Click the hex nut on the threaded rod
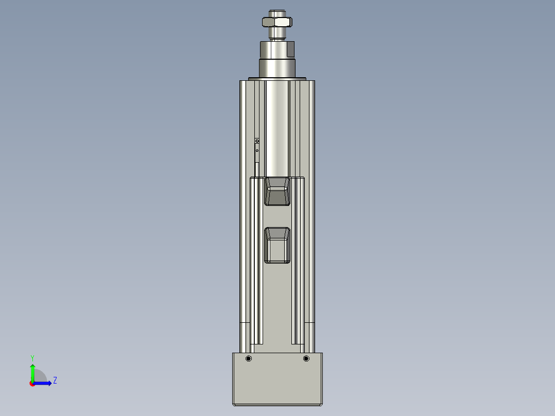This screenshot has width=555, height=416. point(277,22)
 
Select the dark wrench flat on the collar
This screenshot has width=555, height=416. point(290,49)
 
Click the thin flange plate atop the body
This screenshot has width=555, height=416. point(277,79)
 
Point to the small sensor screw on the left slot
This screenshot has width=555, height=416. point(257,141)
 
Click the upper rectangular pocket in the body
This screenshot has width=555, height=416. point(277,192)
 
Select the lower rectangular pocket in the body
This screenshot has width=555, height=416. point(277,245)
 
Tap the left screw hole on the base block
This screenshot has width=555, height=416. point(249,358)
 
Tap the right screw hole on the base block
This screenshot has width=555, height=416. point(306,358)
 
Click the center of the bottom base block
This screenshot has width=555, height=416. point(277,381)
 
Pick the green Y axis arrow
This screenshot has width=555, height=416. point(32,371)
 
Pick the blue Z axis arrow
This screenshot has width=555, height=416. point(44,383)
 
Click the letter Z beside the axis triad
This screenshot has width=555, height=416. point(55,380)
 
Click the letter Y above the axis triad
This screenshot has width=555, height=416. point(32,357)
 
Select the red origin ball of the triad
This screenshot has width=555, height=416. point(32,384)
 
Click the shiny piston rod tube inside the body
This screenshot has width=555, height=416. point(277,129)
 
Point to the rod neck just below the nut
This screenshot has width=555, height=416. point(277,34)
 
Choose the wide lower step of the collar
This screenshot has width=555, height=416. point(277,68)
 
